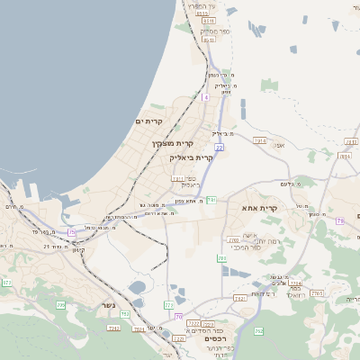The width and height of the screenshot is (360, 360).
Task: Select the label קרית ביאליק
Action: (191, 157)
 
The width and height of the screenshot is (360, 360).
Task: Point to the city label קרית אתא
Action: (261, 209)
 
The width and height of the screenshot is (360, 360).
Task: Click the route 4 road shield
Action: (205, 96)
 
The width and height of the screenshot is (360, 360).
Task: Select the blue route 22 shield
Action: (219, 147)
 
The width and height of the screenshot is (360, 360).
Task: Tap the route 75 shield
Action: (71, 232)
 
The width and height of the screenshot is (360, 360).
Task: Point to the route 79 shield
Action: (339, 220)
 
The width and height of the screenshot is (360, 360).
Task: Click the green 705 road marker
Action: (61, 306)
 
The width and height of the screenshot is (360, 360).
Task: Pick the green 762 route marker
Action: (258, 331)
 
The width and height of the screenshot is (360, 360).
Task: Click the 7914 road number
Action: (261, 141)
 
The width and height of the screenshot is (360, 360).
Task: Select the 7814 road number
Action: (346, 156)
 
